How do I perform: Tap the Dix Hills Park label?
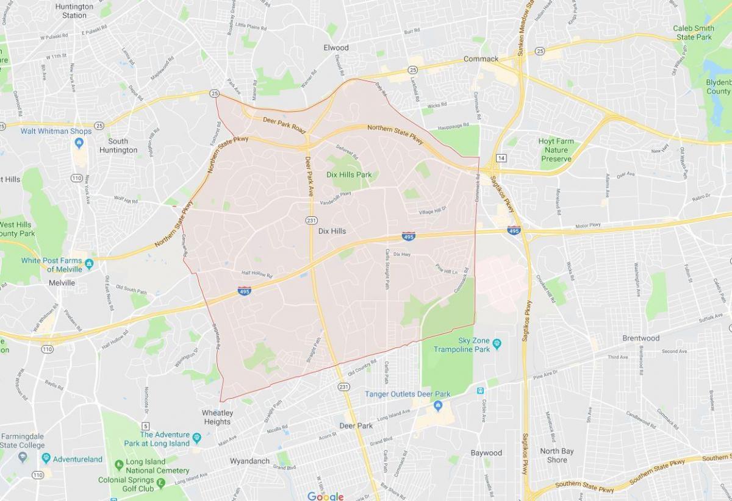(x=349, y=175)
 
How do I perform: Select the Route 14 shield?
(x=501, y=158)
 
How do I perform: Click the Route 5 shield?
(x=145, y=425)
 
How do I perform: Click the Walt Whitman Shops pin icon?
(x=79, y=143)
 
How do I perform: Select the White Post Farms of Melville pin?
(x=89, y=263)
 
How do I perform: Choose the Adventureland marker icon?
(x=46, y=458)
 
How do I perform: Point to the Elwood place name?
(x=336, y=48)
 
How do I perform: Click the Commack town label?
(x=481, y=59)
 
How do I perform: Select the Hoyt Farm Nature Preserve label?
(x=555, y=150)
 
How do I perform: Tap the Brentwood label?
(x=640, y=338)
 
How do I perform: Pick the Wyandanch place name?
(x=250, y=461)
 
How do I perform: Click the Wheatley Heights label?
(x=217, y=417)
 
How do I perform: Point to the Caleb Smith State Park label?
(x=694, y=33)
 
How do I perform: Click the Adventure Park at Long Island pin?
(x=196, y=438)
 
